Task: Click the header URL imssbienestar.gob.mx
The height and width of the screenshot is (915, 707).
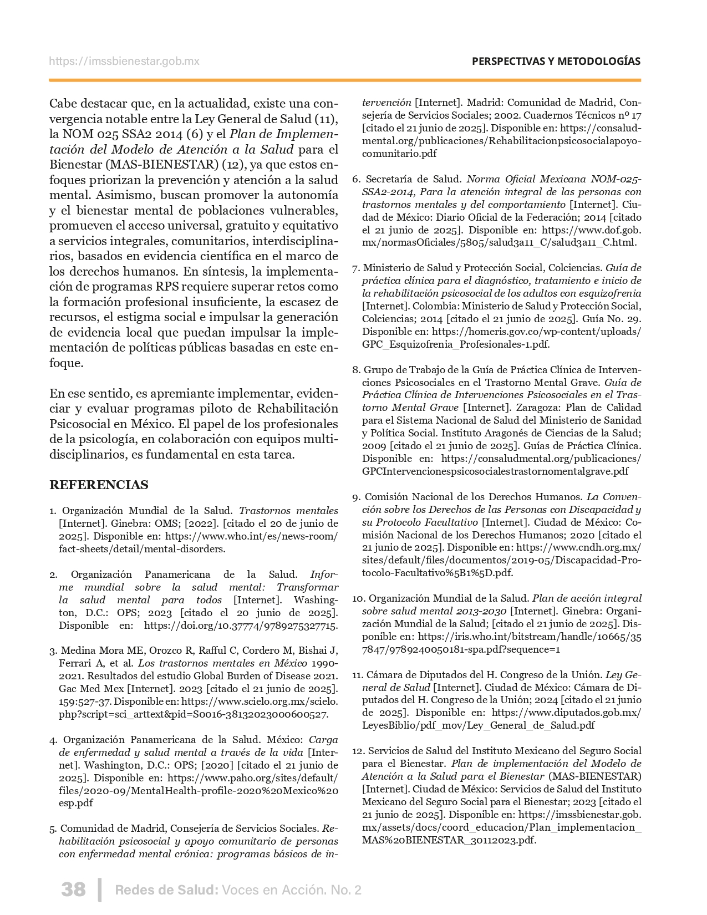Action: pyautogui.click(x=124, y=62)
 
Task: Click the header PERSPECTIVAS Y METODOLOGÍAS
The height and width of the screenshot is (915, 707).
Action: pyautogui.click(x=556, y=62)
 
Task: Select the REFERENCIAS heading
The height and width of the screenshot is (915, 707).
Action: pyautogui.click(x=99, y=485)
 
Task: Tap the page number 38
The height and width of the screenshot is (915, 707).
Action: pyautogui.click(x=73, y=889)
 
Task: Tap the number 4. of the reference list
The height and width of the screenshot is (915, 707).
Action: pyautogui.click(x=53, y=740)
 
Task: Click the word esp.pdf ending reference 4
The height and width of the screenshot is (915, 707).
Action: pyautogui.click(x=76, y=803)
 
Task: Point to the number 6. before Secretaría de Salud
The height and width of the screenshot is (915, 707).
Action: pyautogui.click(x=356, y=179)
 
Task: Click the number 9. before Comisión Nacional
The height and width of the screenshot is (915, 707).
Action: pyautogui.click(x=356, y=497)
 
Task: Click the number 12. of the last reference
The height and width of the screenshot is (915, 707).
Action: pyautogui.click(x=358, y=751)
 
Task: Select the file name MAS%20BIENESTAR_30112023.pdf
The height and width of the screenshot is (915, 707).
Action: pyautogui.click(x=449, y=840)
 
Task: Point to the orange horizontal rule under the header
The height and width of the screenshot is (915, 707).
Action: pyautogui.click(x=344, y=80)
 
